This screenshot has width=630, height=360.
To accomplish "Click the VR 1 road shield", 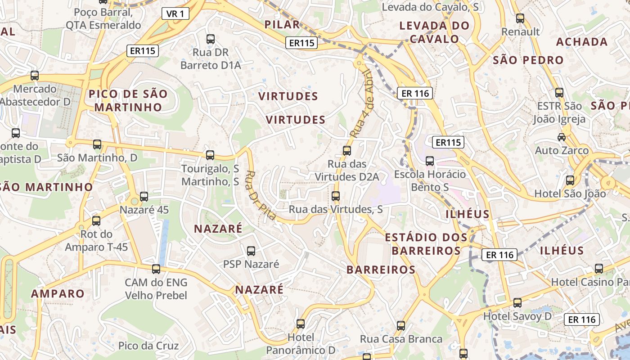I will [175, 14].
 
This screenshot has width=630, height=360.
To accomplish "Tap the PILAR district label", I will [282, 25].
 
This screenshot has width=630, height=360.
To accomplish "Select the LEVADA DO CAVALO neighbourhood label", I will [434, 32].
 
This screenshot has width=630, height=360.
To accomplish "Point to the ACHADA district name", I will [582, 42].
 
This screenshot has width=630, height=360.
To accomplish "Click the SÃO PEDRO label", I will [528, 60].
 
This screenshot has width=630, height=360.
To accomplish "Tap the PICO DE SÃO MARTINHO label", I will [128, 101].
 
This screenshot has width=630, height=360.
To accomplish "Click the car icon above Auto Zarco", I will [561, 137].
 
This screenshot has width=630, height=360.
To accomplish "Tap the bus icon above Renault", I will [520, 18].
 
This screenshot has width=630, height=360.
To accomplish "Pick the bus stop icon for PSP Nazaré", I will [251, 251].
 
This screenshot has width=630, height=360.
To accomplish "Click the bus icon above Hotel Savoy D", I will [517, 303].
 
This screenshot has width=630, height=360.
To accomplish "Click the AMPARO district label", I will [58, 294].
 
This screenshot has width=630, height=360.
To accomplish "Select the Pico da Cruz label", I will [148, 346].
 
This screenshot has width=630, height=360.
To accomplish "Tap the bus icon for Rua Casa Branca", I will [401, 325].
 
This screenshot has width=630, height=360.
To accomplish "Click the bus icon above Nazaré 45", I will [144, 197].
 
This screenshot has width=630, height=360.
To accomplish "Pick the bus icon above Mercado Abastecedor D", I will [35, 76].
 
